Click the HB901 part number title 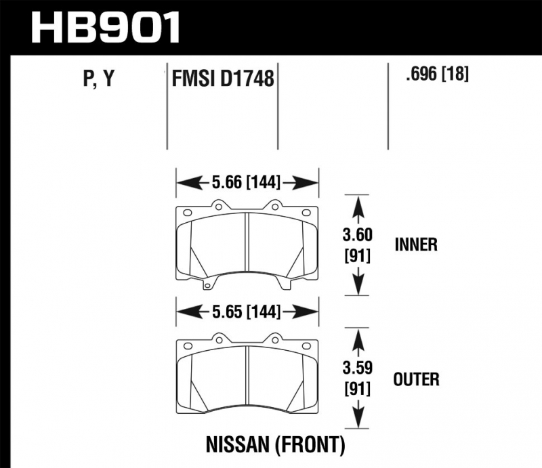[x=105, y=27]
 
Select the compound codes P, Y [x=99, y=78]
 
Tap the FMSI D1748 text [x=223, y=78]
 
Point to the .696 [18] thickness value [x=437, y=74]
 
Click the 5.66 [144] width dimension [x=246, y=182]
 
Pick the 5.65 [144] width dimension [x=246, y=312]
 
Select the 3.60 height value [x=358, y=235]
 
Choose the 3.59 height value [x=358, y=368]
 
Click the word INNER [x=416, y=244]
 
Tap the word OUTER [x=416, y=379]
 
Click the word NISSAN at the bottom [x=237, y=444]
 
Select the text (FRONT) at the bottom [x=310, y=445]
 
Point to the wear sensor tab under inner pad [x=207, y=285]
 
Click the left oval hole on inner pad [x=188, y=213]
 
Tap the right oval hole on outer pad [x=306, y=346]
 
